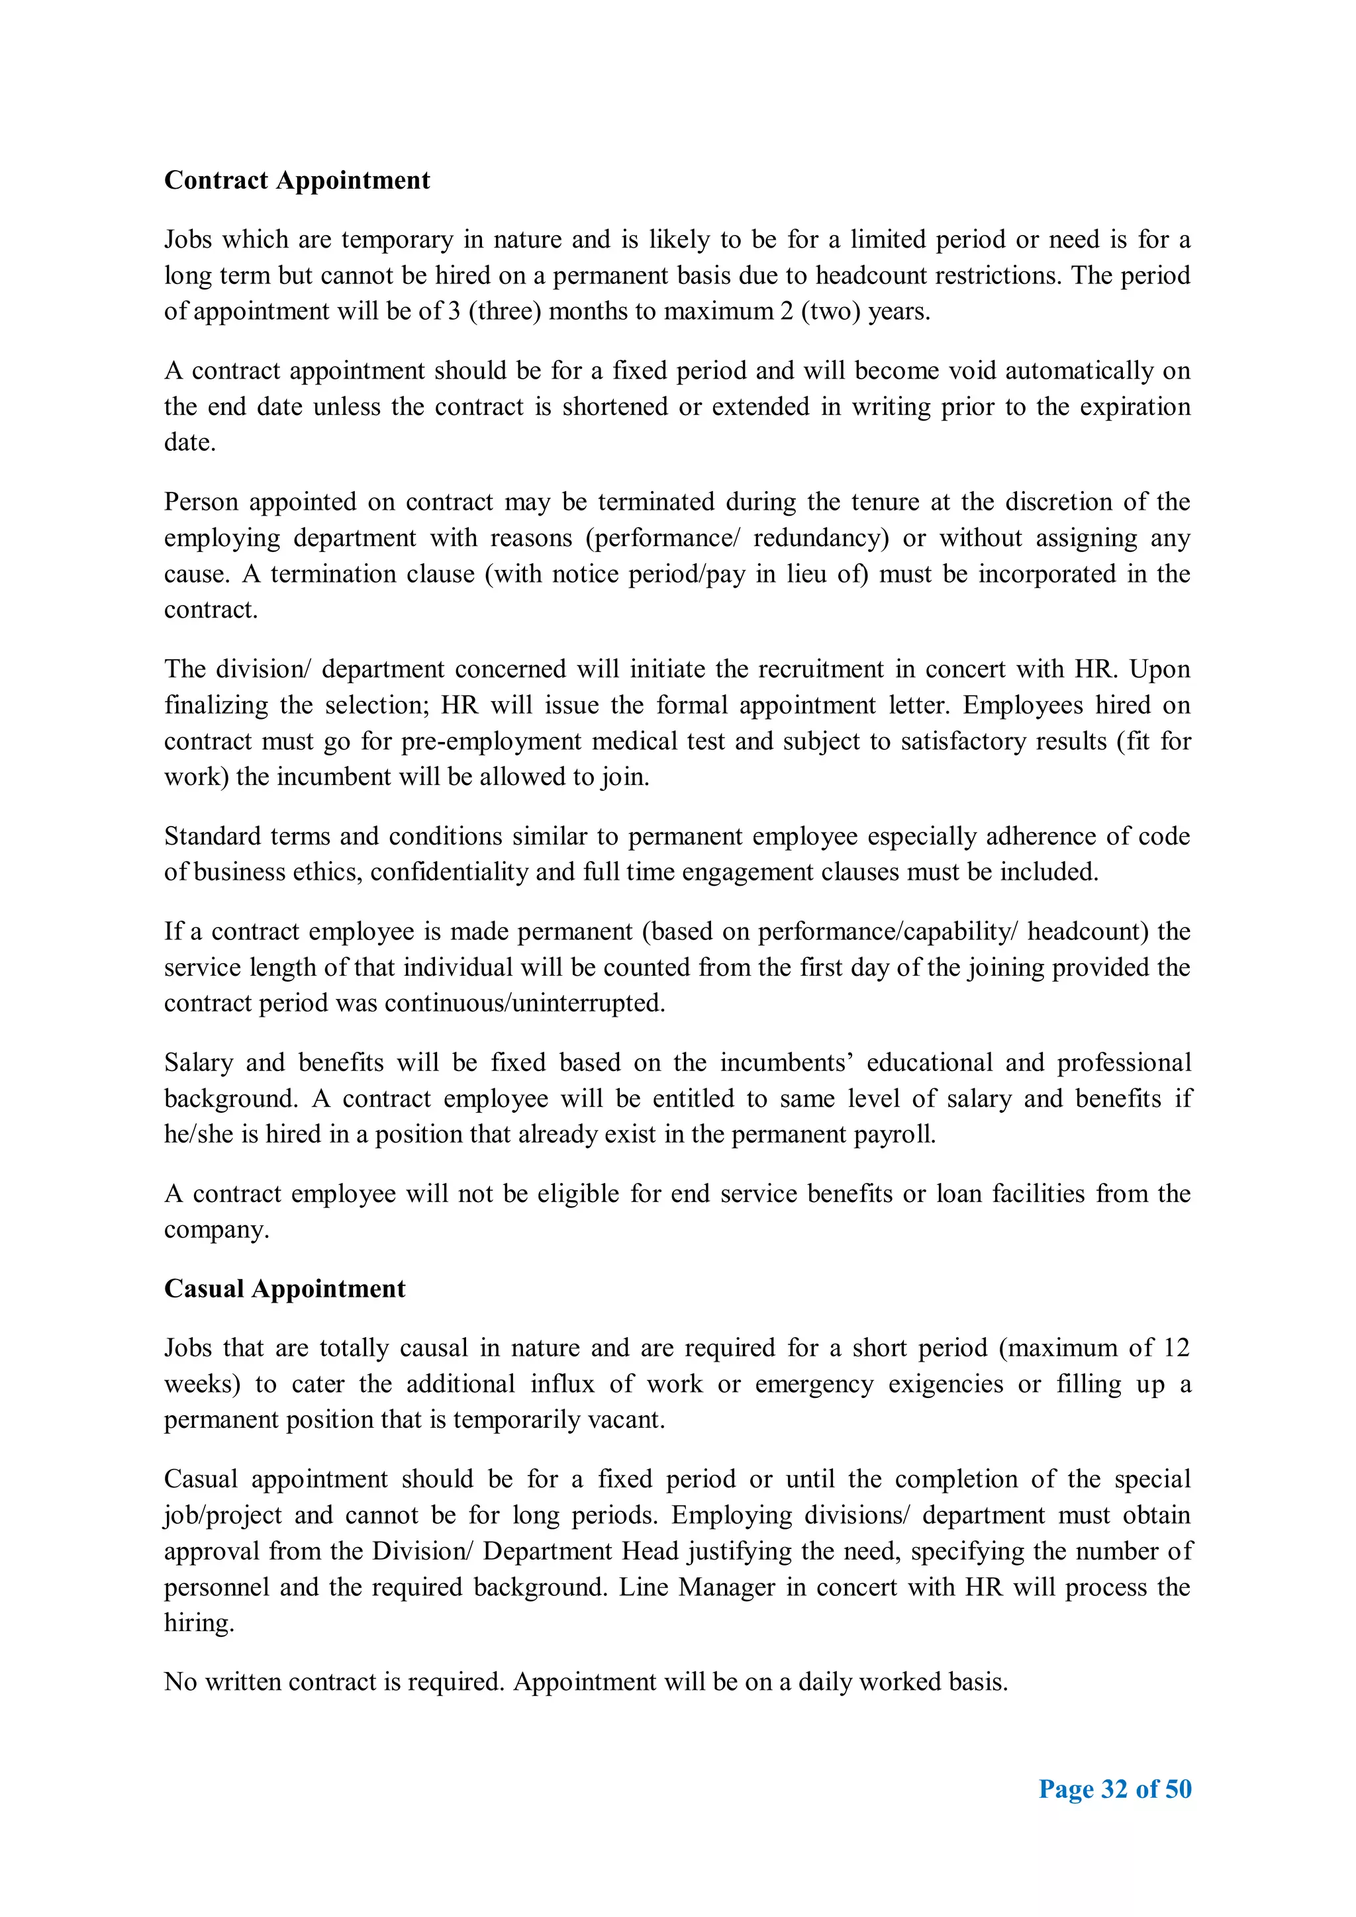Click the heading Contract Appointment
click(x=297, y=180)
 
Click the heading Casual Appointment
click(x=284, y=1288)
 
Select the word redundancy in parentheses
click(x=821, y=538)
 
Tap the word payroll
click(x=901, y=1135)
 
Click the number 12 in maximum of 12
click(x=1176, y=1348)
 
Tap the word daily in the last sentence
click(x=824, y=1681)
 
